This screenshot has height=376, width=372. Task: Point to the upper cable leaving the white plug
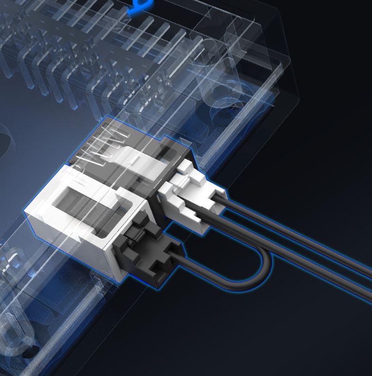tap(294, 232)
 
